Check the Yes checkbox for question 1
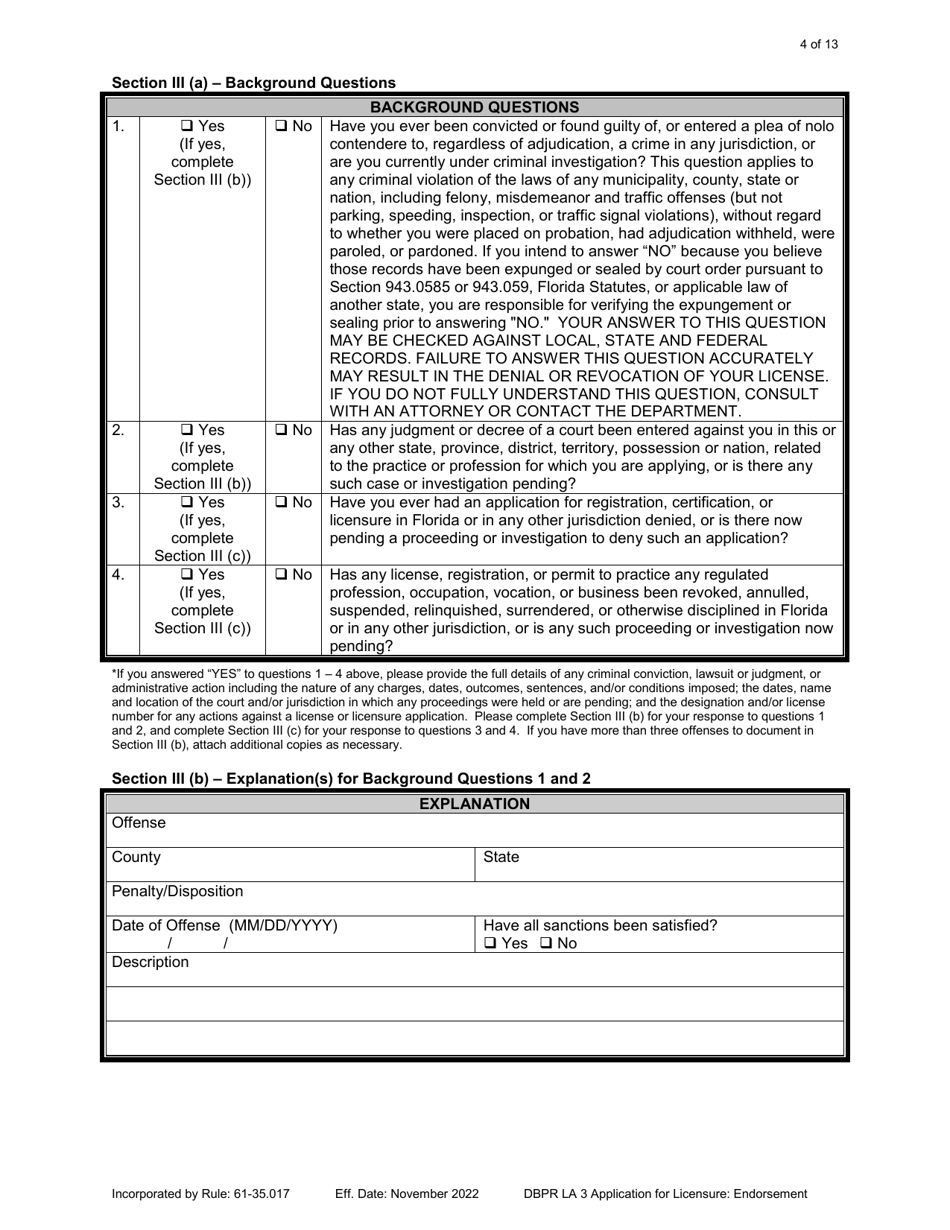187,127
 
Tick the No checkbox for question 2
281,431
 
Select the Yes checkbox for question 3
187,503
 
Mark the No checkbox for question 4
281,575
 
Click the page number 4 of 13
819,44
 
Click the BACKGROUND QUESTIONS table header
475,107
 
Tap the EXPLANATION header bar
475,804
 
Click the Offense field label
139,823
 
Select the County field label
136,857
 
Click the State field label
502,857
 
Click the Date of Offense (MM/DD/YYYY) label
224,925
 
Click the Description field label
150,962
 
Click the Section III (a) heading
253,83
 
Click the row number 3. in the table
118,503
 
